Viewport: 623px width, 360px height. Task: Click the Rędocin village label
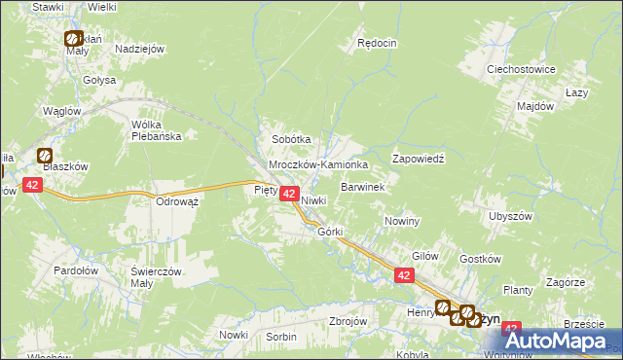377,43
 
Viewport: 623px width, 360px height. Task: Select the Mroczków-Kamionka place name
318,165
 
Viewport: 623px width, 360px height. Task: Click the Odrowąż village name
177,201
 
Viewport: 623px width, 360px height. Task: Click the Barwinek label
363,186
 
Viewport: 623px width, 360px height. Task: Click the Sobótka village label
291,139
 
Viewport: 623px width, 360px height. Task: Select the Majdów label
535,105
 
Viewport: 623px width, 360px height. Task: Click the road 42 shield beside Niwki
289,195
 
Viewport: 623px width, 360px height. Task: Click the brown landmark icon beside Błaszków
45,154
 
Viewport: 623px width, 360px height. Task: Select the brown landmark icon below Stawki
73,39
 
